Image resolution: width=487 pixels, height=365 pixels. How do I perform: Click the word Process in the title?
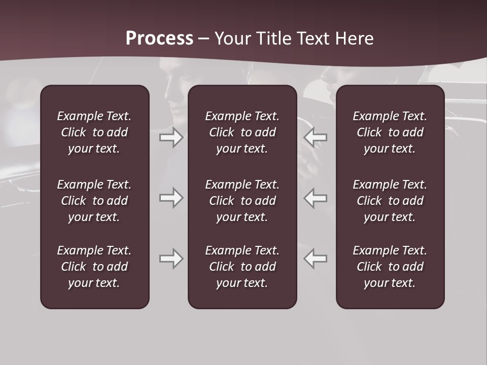159,39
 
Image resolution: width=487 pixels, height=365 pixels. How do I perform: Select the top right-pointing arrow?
171,137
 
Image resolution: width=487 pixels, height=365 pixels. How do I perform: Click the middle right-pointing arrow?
171,198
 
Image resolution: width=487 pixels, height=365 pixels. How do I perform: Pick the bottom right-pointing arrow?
171,259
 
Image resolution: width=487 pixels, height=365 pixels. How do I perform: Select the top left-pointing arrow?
316,137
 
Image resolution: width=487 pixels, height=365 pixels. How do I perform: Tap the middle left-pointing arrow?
316,198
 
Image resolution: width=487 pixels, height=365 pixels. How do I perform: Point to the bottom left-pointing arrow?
316,259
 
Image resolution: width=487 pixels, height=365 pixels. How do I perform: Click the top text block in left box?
94,132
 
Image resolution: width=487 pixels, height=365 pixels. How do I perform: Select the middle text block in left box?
94,201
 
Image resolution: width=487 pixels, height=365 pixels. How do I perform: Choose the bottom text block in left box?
94,267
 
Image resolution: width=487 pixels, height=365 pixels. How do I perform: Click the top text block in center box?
242,132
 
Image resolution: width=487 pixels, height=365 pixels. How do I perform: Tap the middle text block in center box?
242,201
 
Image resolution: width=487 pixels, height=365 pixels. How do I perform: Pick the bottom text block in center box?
242,267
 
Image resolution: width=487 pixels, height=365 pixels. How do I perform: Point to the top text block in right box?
390,132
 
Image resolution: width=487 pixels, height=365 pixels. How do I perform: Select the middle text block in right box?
390,201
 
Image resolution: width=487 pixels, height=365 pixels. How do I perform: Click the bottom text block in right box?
390,267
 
